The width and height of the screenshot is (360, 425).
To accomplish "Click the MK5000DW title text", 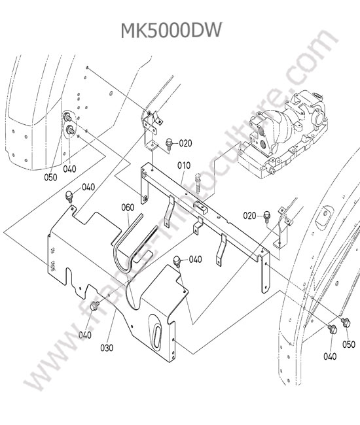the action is click(171, 30).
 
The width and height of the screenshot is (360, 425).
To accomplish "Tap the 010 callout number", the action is click(184, 165).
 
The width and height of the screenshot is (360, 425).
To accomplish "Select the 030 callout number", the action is click(107, 348).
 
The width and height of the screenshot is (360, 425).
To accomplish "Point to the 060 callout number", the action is click(128, 207).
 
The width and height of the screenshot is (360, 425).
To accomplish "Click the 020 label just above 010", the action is click(185, 143).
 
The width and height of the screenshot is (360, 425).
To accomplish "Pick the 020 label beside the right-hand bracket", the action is click(249, 216).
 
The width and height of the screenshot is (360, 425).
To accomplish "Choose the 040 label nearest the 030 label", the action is click(85, 335).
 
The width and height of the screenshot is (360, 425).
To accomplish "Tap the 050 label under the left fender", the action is click(51, 177).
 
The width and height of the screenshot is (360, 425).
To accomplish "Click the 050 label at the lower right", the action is click(349, 344).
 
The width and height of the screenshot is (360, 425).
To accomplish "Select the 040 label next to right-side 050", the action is click(330, 356).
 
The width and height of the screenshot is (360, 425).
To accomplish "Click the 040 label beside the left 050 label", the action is click(70, 169).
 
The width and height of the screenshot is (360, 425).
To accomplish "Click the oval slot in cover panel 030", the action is click(156, 334).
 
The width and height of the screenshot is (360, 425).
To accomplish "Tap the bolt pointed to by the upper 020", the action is click(170, 144).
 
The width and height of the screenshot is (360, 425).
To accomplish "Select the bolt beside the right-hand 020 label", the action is click(267, 216).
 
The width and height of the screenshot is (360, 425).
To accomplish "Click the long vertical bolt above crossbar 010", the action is click(198, 183).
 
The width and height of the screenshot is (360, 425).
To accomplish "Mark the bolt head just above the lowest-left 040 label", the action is click(95, 306).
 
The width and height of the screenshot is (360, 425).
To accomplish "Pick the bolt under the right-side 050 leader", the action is click(346, 322).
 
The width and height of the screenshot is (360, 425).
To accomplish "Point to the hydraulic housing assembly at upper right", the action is click(282, 135).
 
